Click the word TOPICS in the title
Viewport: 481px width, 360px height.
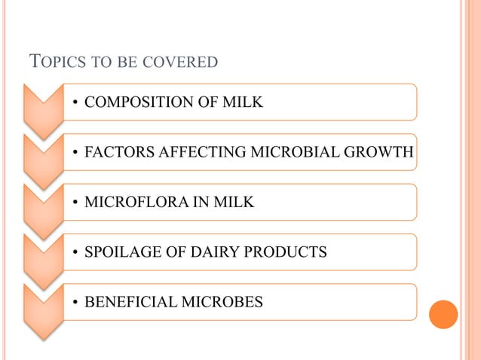[x=54, y=61]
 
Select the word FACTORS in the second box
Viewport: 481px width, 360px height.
[x=115, y=153]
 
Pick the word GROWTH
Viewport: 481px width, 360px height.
[x=375, y=153]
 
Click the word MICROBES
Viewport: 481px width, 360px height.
[x=222, y=302]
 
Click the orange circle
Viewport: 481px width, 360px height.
[x=443, y=314]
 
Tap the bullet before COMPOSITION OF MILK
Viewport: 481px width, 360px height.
[x=75, y=103]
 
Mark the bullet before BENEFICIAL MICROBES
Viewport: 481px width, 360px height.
[x=75, y=303]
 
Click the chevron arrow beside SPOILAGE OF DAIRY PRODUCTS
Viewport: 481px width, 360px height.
[x=42, y=256]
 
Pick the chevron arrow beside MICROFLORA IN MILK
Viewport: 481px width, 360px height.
[x=42, y=206]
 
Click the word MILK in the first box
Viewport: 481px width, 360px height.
[x=244, y=102]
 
